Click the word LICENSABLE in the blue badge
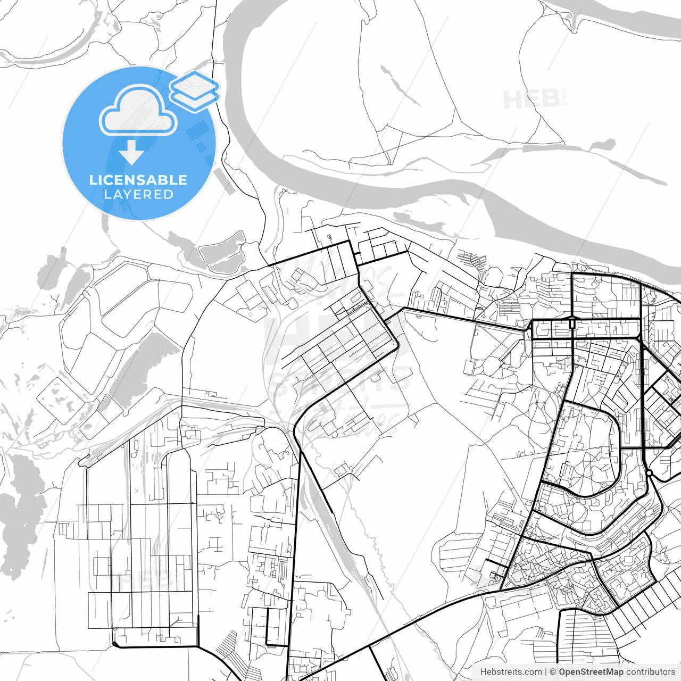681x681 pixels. [x=138, y=180]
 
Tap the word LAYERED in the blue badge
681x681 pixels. [x=138, y=195]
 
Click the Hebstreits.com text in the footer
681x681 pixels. [x=511, y=672]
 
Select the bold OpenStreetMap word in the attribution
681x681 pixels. [x=591, y=672]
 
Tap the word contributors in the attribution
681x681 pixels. [x=650, y=672]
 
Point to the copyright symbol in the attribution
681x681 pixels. [x=553, y=672]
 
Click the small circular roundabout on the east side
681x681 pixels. [x=650, y=472]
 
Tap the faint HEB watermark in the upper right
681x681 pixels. [x=532, y=99]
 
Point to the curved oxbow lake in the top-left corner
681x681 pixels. [x=69, y=43]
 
